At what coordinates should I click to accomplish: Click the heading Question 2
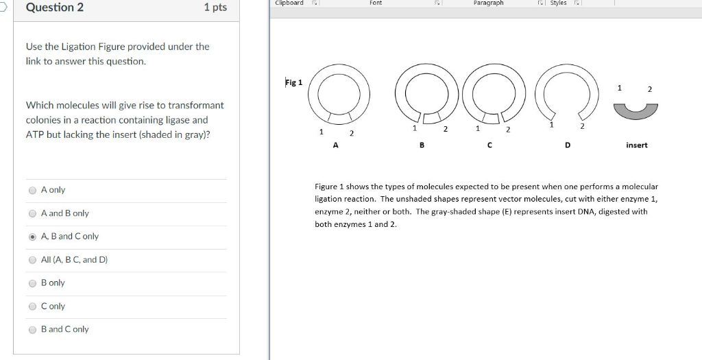tap(55, 8)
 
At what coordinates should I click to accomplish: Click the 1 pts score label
tap(215, 8)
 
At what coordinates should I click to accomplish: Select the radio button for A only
tap(32, 190)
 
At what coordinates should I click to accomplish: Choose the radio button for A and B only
tap(32, 213)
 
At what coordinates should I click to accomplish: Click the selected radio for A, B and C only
tap(32, 237)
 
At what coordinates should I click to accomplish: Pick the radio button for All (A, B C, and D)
tap(32, 260)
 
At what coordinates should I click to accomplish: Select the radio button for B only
tap(32, 283)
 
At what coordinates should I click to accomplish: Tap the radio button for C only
tap(32, 307)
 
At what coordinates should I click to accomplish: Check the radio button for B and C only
tap(32, 330)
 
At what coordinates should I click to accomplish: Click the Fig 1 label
tap(293, 83)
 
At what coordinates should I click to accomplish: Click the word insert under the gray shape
tap(636, 145)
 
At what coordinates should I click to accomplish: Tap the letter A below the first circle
tap(335, 145)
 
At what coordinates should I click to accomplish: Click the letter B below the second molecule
tap(422, 145)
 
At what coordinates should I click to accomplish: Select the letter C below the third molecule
tap(489, 145)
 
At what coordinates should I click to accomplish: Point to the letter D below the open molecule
tap(567, 145)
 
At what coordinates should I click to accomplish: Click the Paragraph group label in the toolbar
tap(488, 3)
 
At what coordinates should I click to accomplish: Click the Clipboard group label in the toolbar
tap(289, 3)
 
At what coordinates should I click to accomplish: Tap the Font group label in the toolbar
tap(376, 3)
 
